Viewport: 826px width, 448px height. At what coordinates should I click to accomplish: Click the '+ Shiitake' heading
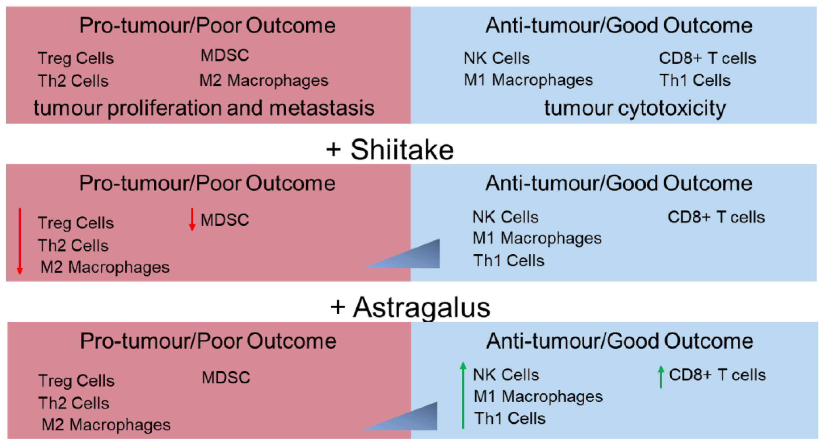[390, 150]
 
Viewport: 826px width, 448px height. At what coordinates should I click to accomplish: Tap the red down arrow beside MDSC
[192, 219]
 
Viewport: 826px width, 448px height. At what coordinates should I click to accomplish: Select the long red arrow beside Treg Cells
[20, 241]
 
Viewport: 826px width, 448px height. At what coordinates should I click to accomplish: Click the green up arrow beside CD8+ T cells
[661, 377]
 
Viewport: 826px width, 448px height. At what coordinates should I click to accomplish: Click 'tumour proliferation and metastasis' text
[204, 108]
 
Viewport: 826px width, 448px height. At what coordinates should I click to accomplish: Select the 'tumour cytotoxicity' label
[635, 108]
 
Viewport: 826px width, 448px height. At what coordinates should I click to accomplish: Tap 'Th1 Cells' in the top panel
[695, 80]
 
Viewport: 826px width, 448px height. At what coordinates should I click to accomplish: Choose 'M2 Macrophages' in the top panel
[263, 80]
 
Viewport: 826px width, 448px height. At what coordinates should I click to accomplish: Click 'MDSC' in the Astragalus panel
[226, 377]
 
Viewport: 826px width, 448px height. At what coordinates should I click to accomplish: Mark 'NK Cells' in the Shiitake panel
[505, 217]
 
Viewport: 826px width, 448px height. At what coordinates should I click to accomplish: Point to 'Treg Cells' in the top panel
[76, 58]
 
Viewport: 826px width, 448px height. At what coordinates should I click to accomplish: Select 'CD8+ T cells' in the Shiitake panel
[716, 217]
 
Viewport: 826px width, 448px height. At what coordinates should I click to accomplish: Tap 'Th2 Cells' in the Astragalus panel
[74, 403]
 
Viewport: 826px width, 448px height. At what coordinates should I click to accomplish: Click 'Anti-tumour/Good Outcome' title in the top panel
[619, 26]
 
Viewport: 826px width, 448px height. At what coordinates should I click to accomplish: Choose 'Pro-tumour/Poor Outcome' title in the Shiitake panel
[207, 183]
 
